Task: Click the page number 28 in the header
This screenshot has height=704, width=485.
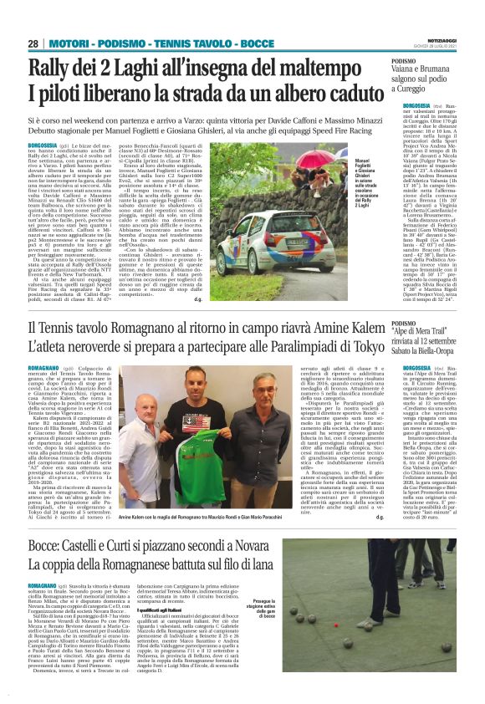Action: pos(33,43)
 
